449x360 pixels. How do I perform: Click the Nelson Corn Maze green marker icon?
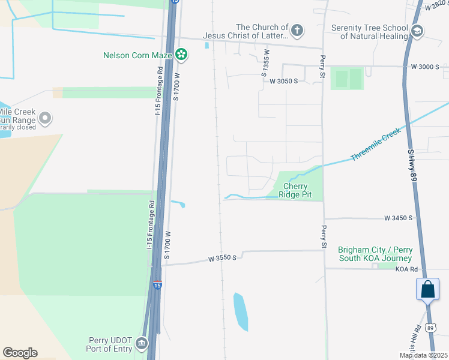pos(181,56)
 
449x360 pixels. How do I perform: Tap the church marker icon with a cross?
pos(297,30)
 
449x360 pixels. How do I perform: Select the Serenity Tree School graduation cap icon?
pos(417,31)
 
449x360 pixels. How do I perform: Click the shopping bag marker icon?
pos(427,289)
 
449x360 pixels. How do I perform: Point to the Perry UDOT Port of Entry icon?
pos(142,343)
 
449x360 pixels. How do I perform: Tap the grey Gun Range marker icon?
pos(44,117)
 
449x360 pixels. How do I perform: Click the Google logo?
pos(20,353)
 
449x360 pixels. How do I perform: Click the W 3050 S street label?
pos(283,81)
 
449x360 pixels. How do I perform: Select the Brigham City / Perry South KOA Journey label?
pos(375,254)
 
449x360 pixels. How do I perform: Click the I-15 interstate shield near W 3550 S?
pos(157,284)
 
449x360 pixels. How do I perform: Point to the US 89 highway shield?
pos(430,327)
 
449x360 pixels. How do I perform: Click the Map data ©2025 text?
pos(423,355)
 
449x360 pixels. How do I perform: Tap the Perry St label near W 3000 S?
pos(323,61)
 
